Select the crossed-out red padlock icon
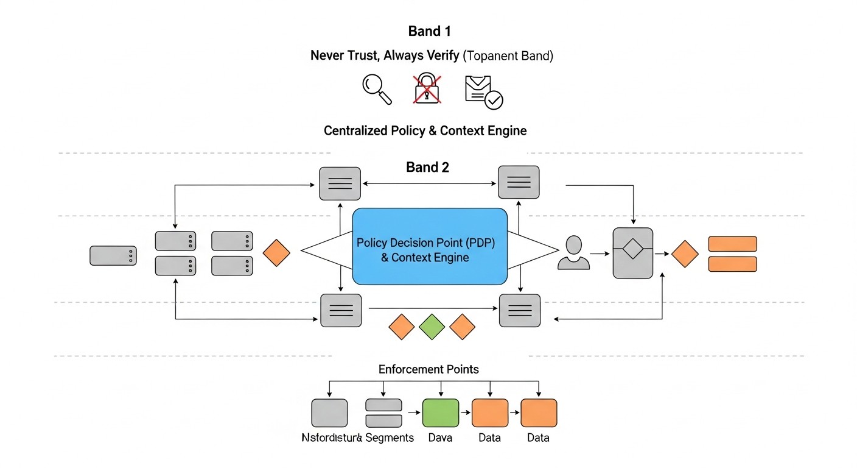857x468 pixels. pos(427,89)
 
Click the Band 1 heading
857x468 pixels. pos(430,31)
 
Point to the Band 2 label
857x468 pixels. pos(427,168)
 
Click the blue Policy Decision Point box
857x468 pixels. pos(430,246)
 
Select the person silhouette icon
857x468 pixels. pos(573,253)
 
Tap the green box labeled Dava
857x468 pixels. pos(441,413)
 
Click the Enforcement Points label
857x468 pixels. pos(428,369)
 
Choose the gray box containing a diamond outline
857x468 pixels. pos(632,253)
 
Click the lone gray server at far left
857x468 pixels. pos(113,255)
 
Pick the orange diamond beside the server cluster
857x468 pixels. pos(276,253)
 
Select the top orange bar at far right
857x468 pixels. pos(732,244)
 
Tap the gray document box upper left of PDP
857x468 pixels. pos(340,182)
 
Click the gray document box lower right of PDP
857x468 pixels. pos(519,310)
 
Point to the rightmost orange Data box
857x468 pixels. pos(539,413)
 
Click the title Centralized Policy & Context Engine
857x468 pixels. pos(425,130)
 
